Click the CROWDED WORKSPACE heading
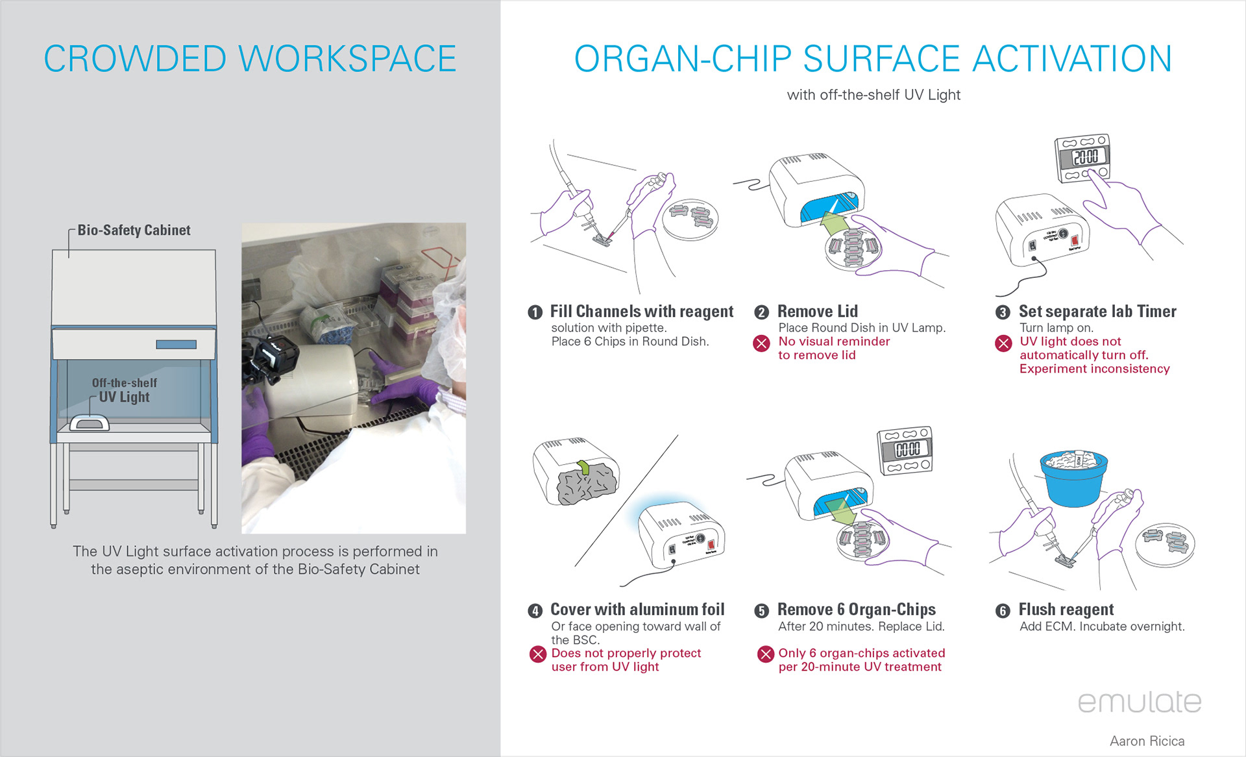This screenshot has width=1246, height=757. pyautogui.click(x=250, y=58)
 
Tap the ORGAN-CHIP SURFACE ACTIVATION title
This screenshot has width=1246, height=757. pyautogui.click(x=873, y=58)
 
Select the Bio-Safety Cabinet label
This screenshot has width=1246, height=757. pyautogui.click(x=134, y=230)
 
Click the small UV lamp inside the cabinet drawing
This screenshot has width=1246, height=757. pyautogui.click(x=90, y=423)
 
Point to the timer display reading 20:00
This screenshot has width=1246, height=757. pyautogui.click(x=1085, y=156)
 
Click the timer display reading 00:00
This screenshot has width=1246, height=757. pyautogui.click(x=907, y=449)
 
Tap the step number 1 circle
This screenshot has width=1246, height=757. pyautogui.click(x=535, y=312)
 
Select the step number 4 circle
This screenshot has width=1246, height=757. pyautogui.click(x=535, y=611)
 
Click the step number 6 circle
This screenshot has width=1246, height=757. pyautogui.click(x=1003, y=611)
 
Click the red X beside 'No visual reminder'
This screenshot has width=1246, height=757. pyautogui.click(x=761, y=343)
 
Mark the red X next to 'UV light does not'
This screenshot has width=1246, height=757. pyautogui.click(x=1003, y=343)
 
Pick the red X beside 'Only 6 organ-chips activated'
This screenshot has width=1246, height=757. pyautogui.click(x=766, y=654)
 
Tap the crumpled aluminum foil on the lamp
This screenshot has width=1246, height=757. pyautogui.click(x=586, y=482)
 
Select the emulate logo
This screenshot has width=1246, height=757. pyautogui.click(x=1140, y=702)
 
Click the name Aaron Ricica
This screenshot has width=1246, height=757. pyautogui.click(x=1147, y=741)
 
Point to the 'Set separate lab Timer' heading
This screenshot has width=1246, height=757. pyautogui.click(x=1097, y=312)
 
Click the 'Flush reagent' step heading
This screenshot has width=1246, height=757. pyautogui.click(x=1066, y=610)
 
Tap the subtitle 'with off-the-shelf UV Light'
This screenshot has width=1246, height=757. pyautogui.click(x=873, y=95)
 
